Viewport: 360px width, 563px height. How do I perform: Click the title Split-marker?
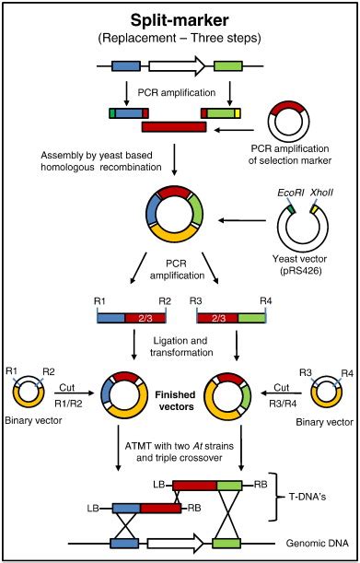point(179,20)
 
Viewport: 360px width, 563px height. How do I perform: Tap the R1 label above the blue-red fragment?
point(101,301)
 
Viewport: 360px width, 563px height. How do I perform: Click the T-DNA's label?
point(317,492)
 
